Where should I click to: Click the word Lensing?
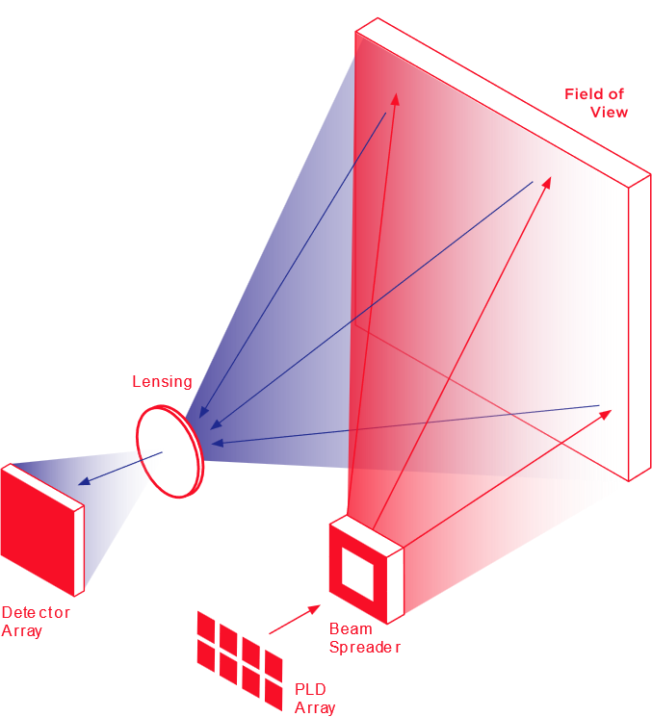click(162, 382)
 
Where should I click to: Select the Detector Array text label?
click(36, 622)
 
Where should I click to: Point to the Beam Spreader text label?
click(365, 638)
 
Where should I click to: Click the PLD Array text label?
click(315, 699)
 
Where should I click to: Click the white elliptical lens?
click(167, 450)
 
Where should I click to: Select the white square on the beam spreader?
click(356, 574)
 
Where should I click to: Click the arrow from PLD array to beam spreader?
click(295, 620)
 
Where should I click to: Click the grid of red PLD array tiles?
click(240, 654)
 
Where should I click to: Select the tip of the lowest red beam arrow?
click(610, 411)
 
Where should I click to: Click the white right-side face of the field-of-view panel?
click(639, 327)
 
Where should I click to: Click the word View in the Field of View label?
click(609, 113)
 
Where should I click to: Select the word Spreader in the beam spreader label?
click(365, 647)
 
